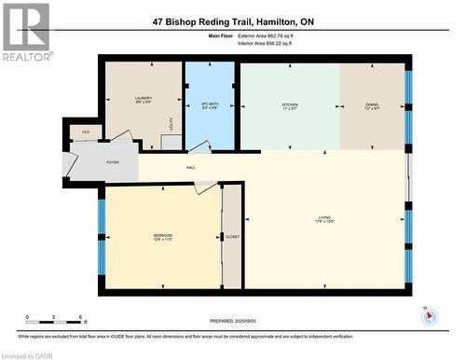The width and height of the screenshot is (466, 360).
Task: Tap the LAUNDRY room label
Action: pyautogui.click(x=143, y=99)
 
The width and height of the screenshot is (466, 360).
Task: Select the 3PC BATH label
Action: pyautogui.click(x=210, y=104)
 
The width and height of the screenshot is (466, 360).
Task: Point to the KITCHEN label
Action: pyautogui.click(x=290, y=105)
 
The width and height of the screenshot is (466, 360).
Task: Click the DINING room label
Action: pyautogui.click(x=372, y=105)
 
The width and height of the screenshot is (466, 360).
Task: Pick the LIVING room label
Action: pyautogui.click(x=323, y=221)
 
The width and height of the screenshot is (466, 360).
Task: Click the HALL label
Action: pyautogui.click(x=191, y=168)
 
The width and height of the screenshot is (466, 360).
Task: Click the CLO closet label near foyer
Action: pyautogui.click(x=86, y=132)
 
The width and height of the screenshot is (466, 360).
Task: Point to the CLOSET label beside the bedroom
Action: pyautogui.click(x=232, y=237)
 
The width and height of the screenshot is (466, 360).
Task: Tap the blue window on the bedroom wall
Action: pyautogui.click(x=101, y=229)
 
